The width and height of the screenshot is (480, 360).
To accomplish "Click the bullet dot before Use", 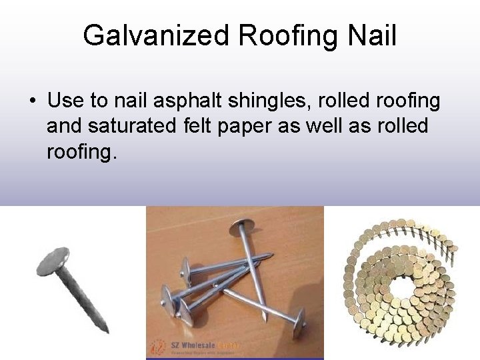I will [x=32, y=101].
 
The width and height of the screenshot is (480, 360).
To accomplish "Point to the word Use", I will [x=66, y=101].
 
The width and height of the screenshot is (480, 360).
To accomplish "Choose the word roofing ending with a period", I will [x=81, y=153].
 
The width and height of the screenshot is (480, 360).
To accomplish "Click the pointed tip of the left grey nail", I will [x=105, y=329].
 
